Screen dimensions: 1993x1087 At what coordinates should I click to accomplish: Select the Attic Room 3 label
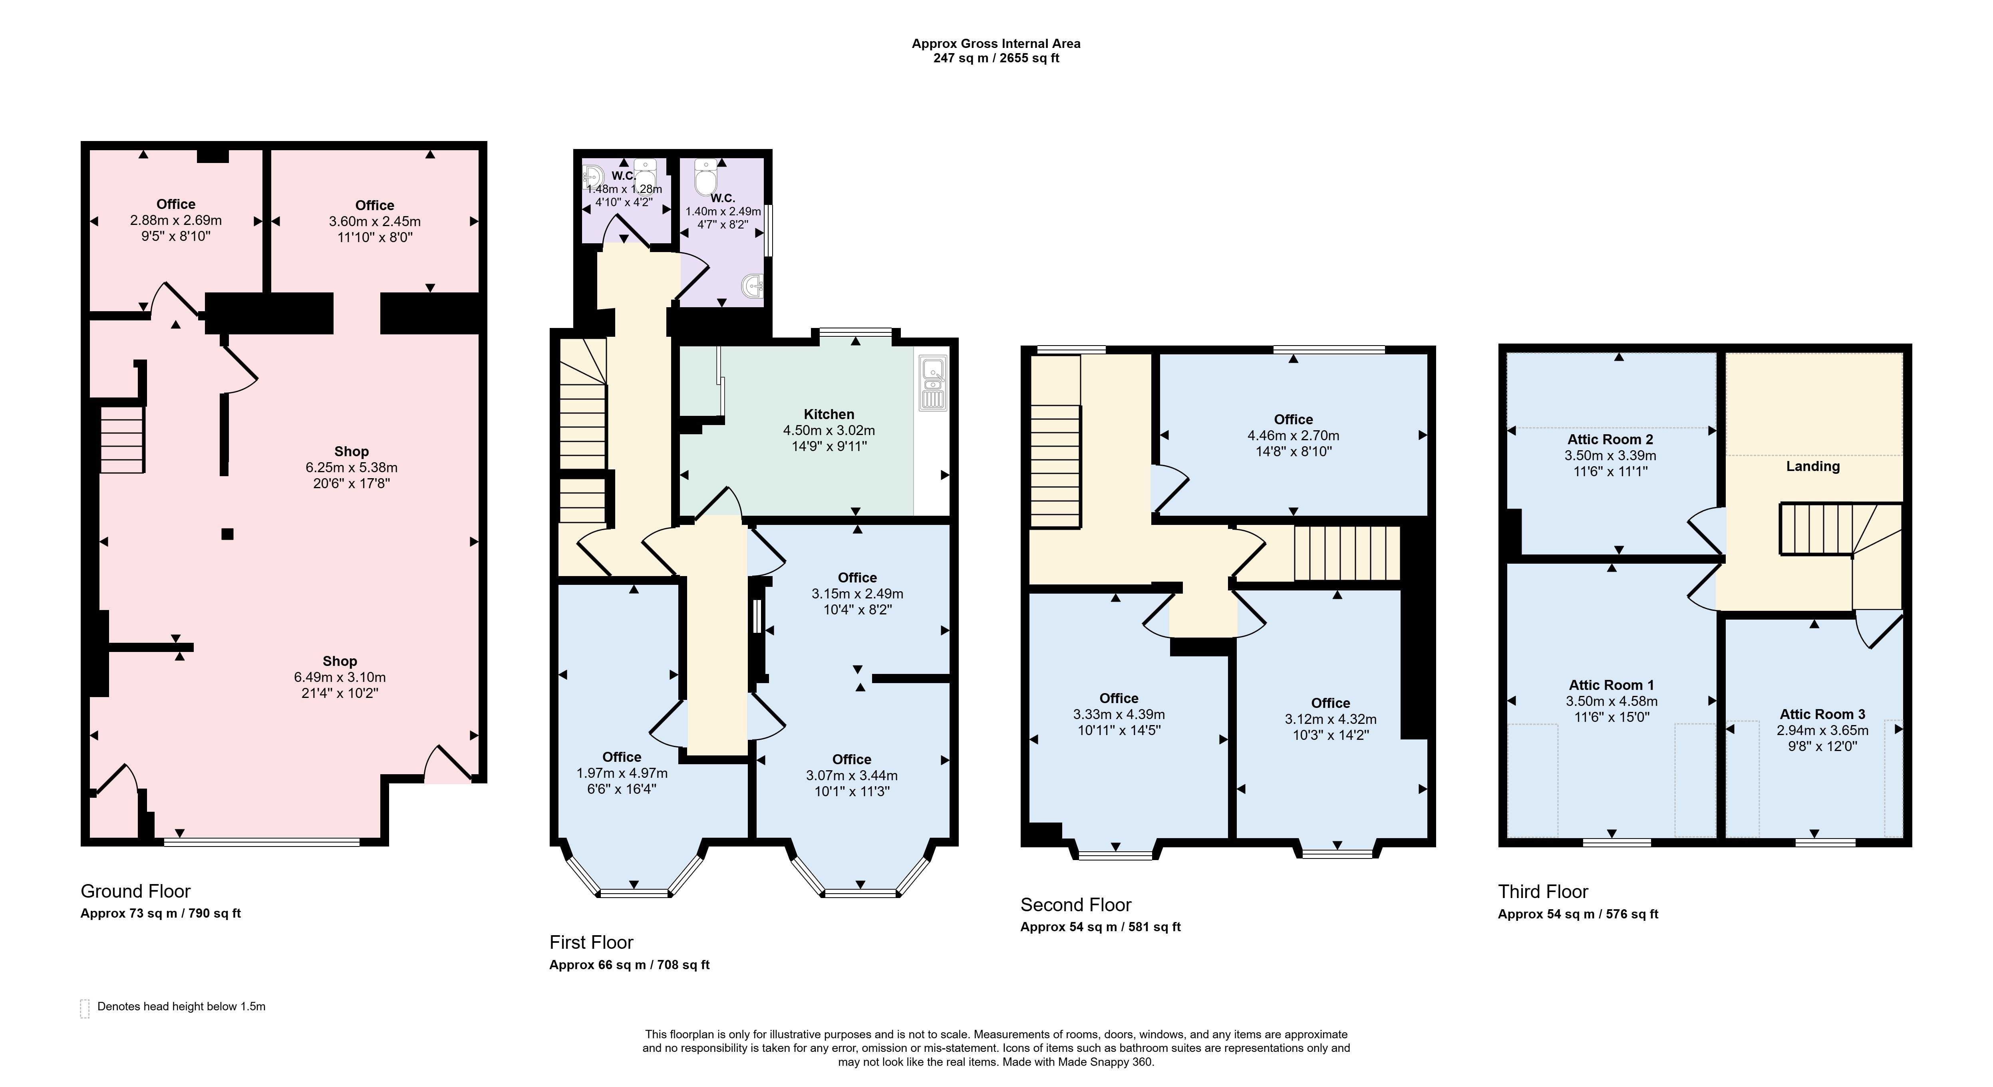[x=1822, y=714]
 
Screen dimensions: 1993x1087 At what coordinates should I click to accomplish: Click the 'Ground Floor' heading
[x=135, y=891]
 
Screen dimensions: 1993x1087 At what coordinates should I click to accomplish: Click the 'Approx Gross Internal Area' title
[x=996, y=43]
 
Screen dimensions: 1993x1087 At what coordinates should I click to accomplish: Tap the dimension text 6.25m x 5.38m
[x=351, y=467]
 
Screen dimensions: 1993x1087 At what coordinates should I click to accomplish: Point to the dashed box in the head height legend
[x=84, y=1008]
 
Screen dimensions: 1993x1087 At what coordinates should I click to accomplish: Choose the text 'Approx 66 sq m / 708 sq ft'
[x=629, y=965]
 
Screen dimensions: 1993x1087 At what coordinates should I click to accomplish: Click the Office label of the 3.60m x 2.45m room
[x=374, y=205]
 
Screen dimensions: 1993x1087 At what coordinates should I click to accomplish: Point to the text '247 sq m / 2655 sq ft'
[x=996, y=58]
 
